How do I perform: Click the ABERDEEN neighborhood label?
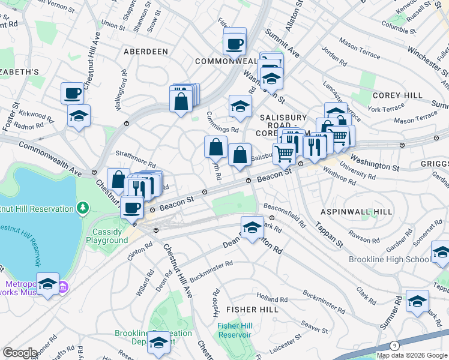pyautogui.click(x=145, y=52)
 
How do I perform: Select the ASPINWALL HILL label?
pyautogui.click(x=356, y=212)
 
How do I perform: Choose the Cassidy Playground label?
pyautogui.click(x=110, y=236)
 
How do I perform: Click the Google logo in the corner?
pyautogui.click(x=20, y=353)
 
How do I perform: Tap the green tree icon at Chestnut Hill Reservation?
pyautogui.click(x=83, y=208)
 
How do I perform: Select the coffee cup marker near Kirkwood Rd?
pyautogui.click(x=73, y=93)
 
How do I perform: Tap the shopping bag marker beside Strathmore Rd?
pyautogui.click(x=119, y=179)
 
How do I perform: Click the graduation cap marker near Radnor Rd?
pyautogui.click(x=79, y=115)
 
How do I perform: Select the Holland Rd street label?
pyautogui.click(x=268, y=298)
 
